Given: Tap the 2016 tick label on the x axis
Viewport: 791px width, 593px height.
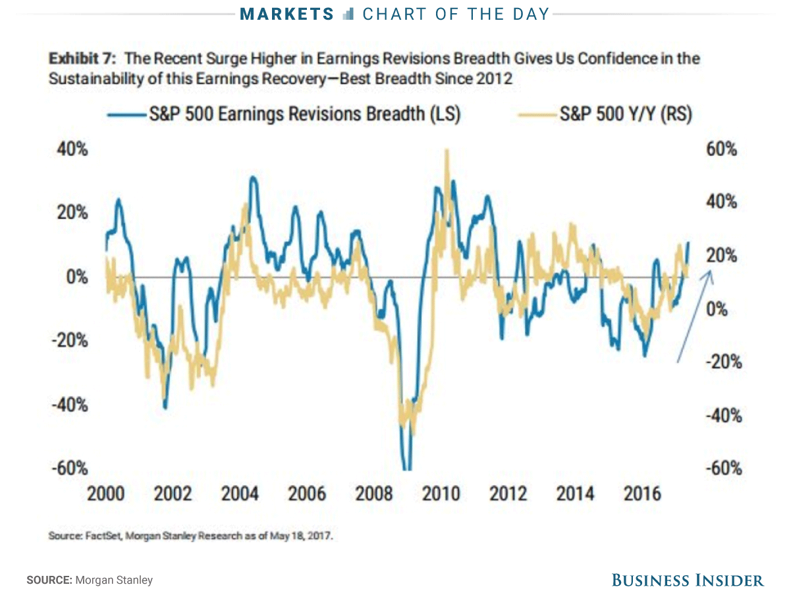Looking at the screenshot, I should click(x=641, y=494).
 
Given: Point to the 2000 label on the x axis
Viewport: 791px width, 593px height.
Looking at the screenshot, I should click(x=107, y=494).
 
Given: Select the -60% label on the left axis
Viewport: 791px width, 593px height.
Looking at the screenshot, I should click(x=69, y=468).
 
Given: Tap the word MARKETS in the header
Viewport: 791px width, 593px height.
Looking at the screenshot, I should click(x=288, y=14).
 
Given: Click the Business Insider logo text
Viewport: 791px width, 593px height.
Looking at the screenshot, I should click(x=688, y=580).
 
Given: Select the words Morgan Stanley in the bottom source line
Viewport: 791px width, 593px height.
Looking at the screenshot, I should click(x=114, y=580).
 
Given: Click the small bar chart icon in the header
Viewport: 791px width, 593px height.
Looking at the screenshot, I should click(x=349, y=14).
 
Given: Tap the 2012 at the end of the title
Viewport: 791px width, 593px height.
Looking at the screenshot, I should click(x=494, y=79).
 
